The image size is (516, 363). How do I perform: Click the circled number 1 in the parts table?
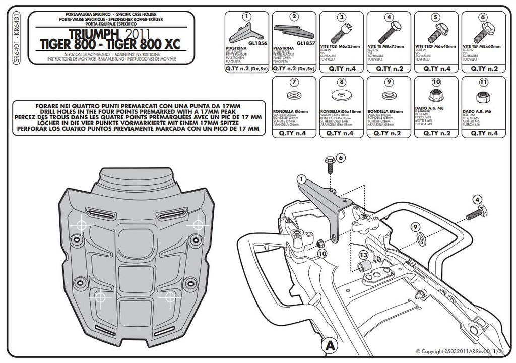pos(246,17)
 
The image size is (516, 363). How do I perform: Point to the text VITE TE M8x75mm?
pos(387,46)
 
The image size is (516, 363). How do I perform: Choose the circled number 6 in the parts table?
pos(483,17)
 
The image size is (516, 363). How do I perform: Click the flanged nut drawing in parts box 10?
pos(436,95)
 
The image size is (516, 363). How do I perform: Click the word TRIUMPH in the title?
pos(96,33)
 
